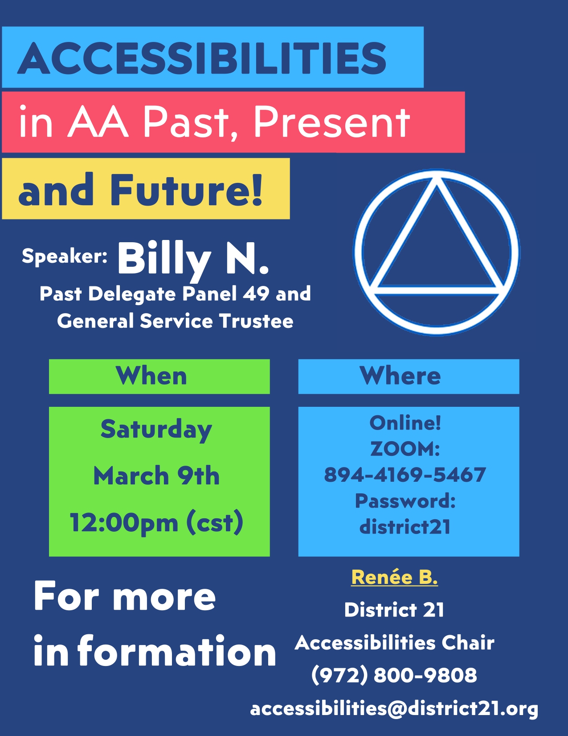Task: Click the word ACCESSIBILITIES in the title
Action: [202, 58]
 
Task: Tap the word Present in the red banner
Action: [331, 121]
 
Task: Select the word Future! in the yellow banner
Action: [186, 189]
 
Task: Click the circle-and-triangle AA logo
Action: [437, 252]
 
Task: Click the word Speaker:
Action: [65, 256]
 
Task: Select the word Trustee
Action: [256, 321]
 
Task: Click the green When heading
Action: [151, 376]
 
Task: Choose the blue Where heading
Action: [400, 376]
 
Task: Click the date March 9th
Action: [156, 476]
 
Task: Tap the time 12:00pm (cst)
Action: [156, 523]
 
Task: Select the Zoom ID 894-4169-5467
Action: [405, 475]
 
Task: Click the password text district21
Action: [405, 527]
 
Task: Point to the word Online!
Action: [405, 423]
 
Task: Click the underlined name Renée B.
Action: [394, 577]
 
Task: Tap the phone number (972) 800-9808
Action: [394, 675]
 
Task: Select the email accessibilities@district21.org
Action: [394, 708]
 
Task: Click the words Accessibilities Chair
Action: [394, 642]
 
